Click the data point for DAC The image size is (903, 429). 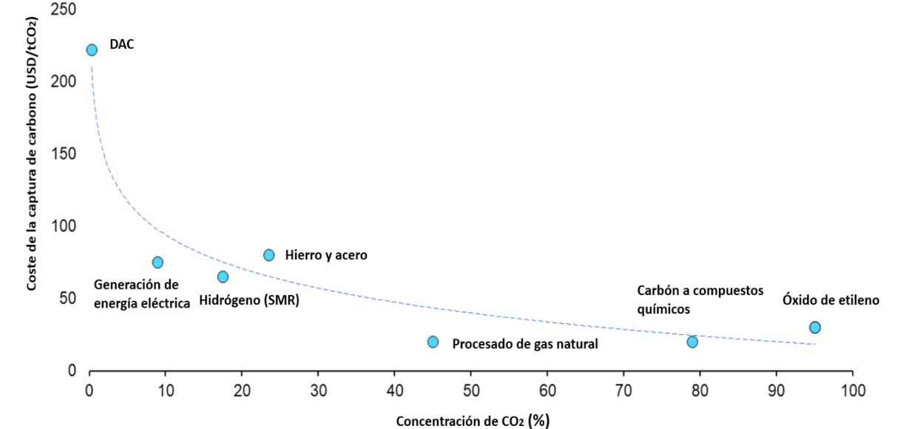(x=92, y=50)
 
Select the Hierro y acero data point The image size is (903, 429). (x=269, y=255)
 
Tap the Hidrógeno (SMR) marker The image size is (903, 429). (x=223, y=277)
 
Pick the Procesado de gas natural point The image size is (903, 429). (x=433, y=342)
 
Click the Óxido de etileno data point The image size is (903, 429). (x=814, y=328)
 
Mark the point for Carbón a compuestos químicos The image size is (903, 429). (x=692, y=342)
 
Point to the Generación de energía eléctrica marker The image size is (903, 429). (x=158, y=263)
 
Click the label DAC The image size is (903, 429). (x=122, y=45)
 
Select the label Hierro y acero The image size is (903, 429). (x=326, y=255)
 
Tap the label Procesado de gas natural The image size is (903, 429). (x=525, y=343)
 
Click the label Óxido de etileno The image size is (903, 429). (x=831, y=301)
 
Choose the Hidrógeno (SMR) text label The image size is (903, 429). (x=249, y=302)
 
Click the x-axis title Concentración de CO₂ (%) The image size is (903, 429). (x=473, y=420)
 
